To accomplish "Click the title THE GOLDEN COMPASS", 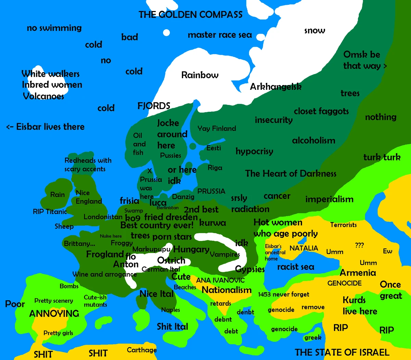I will [190, 15].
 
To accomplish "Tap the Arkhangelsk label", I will [276, 87].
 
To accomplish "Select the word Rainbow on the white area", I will [200, 75].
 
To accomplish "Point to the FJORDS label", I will [154, 106].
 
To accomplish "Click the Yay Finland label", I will [216, 129].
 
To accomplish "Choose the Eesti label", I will [214, 148].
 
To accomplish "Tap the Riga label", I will [215, 168].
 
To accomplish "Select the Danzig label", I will [183, 197].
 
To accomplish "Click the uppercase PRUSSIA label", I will [211, 191].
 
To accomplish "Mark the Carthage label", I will [141, 350].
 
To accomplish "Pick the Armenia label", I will [358, 273].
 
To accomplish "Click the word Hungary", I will [191, 249].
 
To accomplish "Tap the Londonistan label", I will [103, 217].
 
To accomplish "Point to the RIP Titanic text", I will [50, 212].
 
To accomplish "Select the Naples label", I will [171, 310].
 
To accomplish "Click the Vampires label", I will [225, 254].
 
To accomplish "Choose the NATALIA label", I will [303, 248].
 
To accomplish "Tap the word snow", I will [314, 31].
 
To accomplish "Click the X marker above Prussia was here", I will [149, 171].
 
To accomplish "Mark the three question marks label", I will [359, 245].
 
